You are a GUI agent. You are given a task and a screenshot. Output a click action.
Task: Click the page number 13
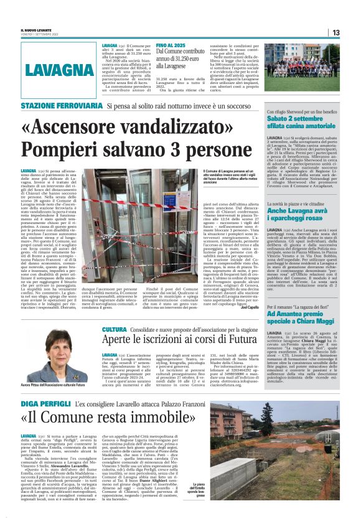coord(335,32)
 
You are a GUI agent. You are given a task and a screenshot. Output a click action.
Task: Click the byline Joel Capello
coord(248,307)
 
